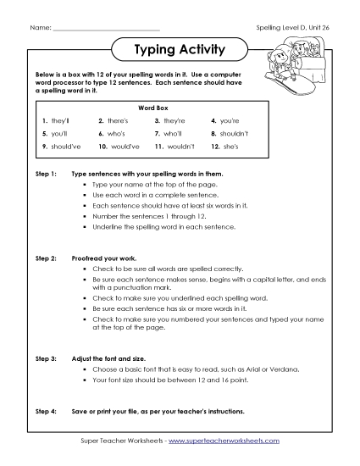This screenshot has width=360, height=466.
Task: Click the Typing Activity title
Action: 180,50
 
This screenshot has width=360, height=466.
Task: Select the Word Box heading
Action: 180,110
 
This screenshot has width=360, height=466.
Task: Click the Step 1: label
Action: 45,173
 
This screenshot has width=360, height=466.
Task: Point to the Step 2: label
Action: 45,256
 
